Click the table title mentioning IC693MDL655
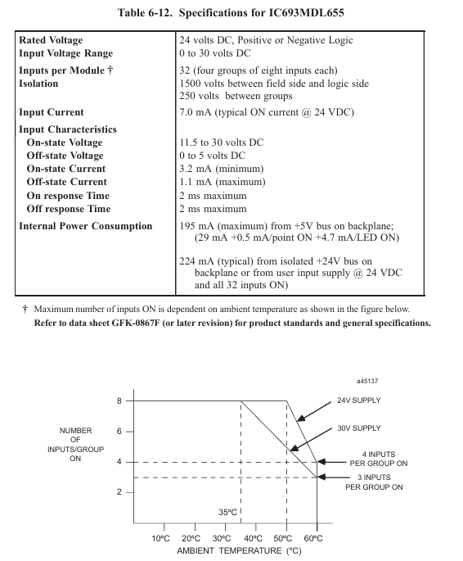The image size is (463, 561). pos(231,13)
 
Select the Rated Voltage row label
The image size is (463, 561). pos(51,40)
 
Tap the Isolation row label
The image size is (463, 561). pos(38,84)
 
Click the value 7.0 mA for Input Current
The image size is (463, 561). pos(191,112)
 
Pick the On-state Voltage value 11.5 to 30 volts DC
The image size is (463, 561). pos(222,143)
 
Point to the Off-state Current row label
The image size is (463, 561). pos(67,182)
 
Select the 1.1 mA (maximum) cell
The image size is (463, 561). pos(223,182)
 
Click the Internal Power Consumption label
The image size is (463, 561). pos(86,226)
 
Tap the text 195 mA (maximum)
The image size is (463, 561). pos(223,226)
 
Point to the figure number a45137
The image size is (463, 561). pos(367,381)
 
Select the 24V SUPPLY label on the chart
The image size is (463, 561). pos(359,400)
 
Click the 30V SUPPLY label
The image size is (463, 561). pos(359,428)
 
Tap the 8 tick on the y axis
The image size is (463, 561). pos(119,401)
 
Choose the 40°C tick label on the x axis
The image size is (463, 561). pos(253,538)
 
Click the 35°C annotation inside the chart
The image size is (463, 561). pos(227,513)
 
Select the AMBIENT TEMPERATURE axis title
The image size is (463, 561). pos(239,550)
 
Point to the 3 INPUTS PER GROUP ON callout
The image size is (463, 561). pos(374,482)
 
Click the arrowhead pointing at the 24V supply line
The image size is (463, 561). pos(301,418)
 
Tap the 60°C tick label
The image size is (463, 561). pos(313,538)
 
